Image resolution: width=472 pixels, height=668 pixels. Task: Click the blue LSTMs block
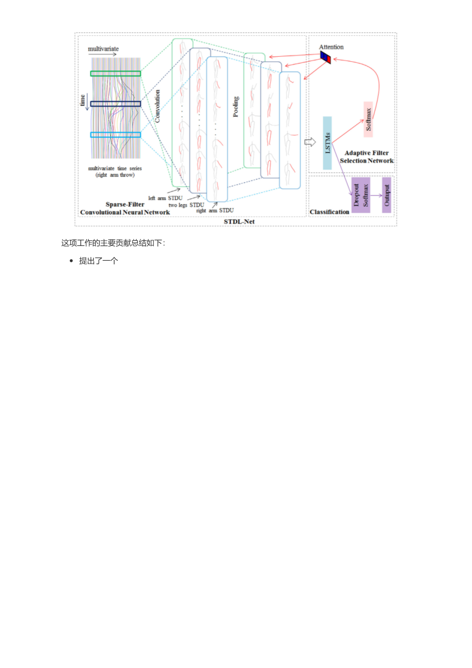pos(327,143)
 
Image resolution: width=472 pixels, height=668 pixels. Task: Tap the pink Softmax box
pos(368,119)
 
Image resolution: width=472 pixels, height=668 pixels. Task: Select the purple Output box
pos(387,195)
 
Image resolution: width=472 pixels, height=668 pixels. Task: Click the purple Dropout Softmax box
pos(361,195)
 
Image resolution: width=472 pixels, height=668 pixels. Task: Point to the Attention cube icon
pos(326,58)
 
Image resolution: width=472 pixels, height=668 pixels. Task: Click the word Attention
pos(331,47)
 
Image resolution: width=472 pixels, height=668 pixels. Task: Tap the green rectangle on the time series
pos(116,73)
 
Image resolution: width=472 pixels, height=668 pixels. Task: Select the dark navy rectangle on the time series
pos(116,104)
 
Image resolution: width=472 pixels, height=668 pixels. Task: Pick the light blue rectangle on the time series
pos(116,135)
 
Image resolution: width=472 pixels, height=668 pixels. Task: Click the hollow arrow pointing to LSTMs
pos(310,142)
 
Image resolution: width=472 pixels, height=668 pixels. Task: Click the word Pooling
pos(235,107)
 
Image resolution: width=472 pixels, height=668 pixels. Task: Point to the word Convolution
pos(158,106)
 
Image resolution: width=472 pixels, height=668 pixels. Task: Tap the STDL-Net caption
pos(239,221)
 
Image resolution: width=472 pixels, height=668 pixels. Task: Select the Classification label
pos(329,212)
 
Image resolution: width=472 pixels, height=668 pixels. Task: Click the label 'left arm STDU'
pos(165,198)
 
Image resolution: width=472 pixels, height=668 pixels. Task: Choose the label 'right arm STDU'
pos(215,210)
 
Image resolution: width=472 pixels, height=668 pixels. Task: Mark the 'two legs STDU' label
pos(186,205)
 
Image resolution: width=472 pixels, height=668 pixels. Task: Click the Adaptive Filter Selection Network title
pos(366,157)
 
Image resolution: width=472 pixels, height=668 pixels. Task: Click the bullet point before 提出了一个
pos(71,261)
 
